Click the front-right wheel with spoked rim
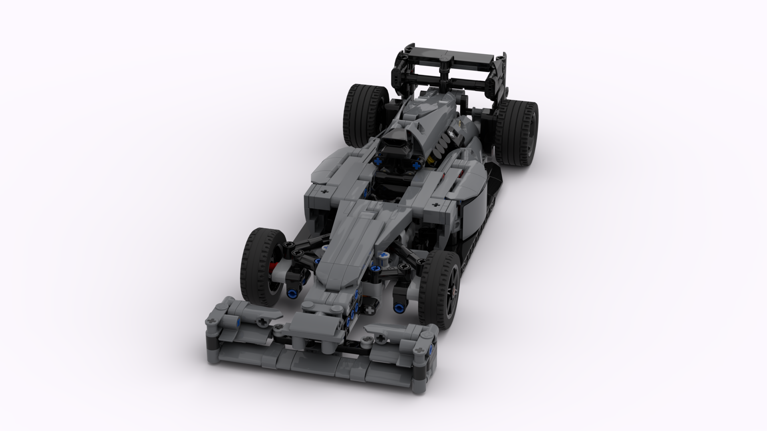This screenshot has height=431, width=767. [x=441, y=287]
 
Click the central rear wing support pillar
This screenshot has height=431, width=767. [x=444, y=76]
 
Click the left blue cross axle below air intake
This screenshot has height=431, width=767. [x=377, y=162]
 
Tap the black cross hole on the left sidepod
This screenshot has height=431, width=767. [x=324, y=192]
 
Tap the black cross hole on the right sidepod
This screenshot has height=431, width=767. [x=435, y=205]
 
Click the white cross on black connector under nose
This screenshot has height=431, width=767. [x=372, y=310]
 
